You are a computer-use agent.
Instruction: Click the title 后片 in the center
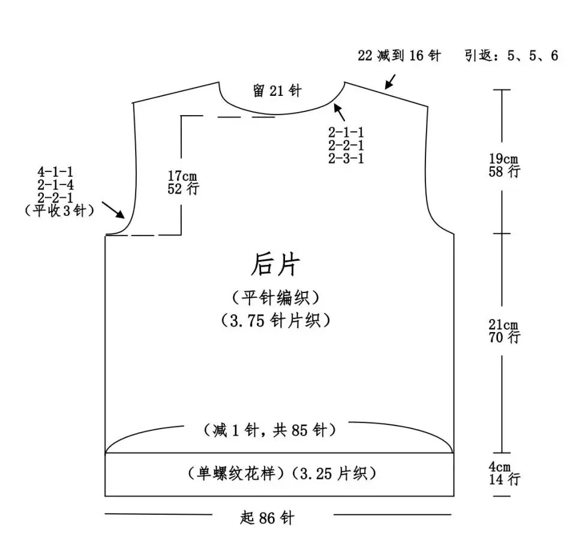point(275,264)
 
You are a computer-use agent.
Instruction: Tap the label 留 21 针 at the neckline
point(277,91)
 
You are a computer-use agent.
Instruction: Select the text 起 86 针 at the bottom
point(267,517)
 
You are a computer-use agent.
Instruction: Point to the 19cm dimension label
point(503,159)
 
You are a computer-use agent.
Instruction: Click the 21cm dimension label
point(503,325)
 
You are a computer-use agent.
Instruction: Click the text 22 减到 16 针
point(399,56)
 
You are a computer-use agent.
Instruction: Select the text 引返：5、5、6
point(511,56)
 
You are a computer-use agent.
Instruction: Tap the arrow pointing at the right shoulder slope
point(390,81)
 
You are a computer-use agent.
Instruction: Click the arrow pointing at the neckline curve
point(340,111)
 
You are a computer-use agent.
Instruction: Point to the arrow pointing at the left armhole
point(113,210)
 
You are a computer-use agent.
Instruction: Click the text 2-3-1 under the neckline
point(346,158)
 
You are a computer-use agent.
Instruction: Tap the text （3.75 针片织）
point(276,321)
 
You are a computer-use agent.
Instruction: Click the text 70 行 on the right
point(504,337)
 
